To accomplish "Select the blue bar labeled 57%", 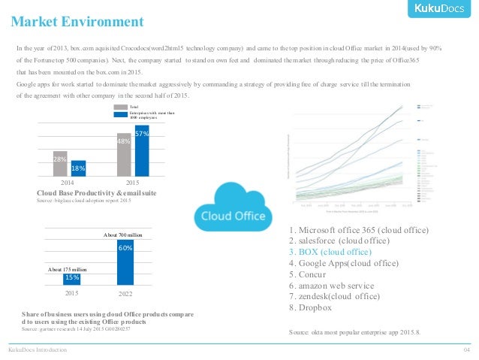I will (142, 153).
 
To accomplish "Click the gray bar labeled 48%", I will (125, 157).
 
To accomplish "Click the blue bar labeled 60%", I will (125, 262).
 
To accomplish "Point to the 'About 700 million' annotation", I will (124, 236).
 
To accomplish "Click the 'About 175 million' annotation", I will (68, 268).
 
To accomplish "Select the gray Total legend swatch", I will (121, 107).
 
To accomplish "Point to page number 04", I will (466, 350).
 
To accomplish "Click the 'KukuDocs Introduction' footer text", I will (38, 350).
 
